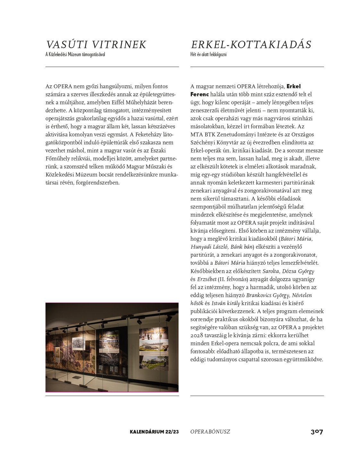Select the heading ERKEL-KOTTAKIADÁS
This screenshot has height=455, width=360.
click(x=251, y=45)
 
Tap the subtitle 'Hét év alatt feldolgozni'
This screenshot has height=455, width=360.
click(x=208, y=55)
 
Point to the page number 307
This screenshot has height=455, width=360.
click(x=317, y=432)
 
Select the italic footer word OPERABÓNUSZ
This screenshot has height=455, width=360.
click(x=210, y=432)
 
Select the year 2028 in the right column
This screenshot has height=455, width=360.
click(x=197, y=335)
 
